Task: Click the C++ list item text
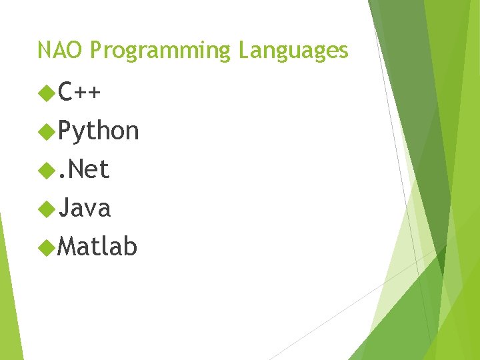click(x=79, y=91)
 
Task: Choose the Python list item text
click(x=98, y=132)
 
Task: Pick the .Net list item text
click(x=83, y=169)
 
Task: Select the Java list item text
click(x=84, y=208)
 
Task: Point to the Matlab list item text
click(x=97, y=247)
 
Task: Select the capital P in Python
click(x=65, y=131)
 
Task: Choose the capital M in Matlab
click(x=67, y=247)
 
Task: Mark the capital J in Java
click(x=64, y=208)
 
